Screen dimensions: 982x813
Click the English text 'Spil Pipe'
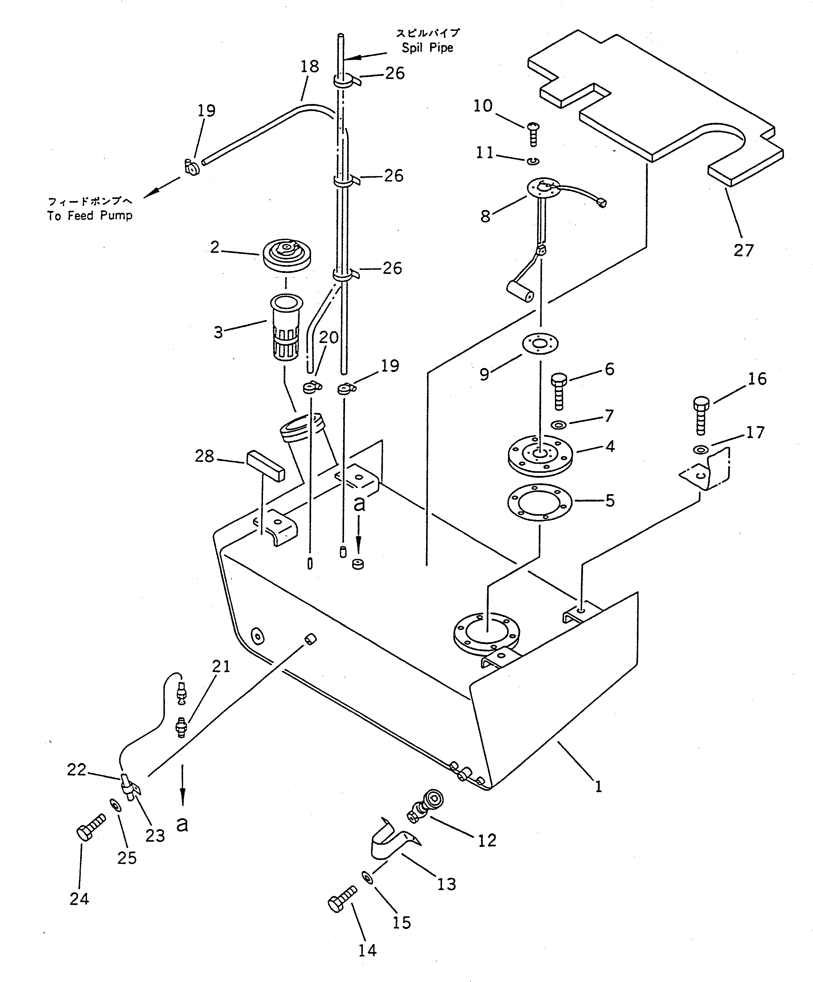pos(427,48)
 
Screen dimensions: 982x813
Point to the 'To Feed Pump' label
pos(90,216)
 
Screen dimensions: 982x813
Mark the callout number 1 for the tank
pos(598,786)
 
